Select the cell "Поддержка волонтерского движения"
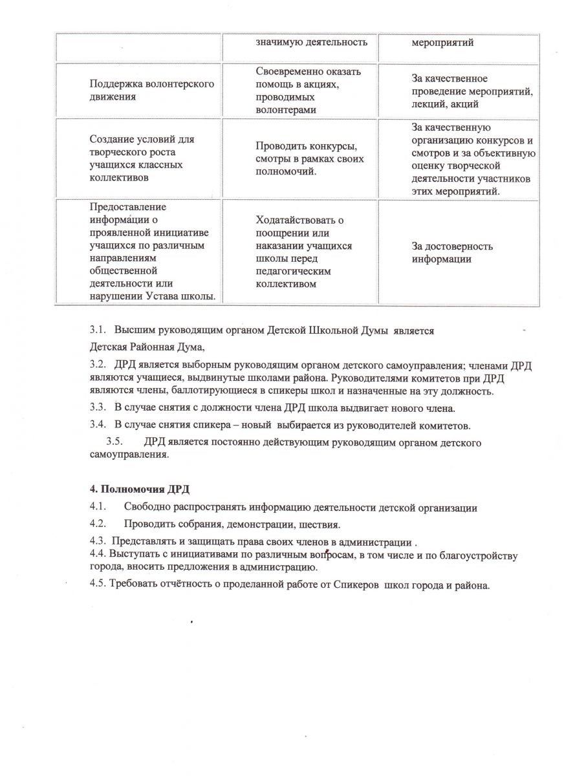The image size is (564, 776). pyautogui.click(x=152, y=91)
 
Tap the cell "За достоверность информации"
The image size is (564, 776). pyautogui.click(x=453, y=252)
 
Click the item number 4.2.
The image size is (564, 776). pyautogui.click(x=98, y=524)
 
